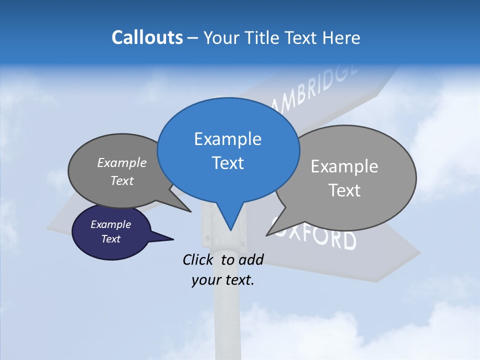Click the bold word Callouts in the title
(x=147, y=37)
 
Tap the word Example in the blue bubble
(x=227, y=139)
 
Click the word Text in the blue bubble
(x=227, y=163)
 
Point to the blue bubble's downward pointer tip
(x=230, y=230)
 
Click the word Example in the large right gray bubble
(x=344, y=166)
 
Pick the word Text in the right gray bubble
(x=344, y=190)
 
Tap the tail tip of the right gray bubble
(x=267, y=235)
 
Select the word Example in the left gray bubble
(x=122, y=163)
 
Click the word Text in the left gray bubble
(x=122, y=181)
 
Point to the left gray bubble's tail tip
(x=190, y=211)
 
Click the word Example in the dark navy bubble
(x=110, y=224)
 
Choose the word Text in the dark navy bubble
(x=110, y=239)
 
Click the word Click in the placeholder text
(x=199, y=259)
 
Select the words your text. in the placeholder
(x=223, y=280)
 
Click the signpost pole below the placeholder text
(x=227, y=320)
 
